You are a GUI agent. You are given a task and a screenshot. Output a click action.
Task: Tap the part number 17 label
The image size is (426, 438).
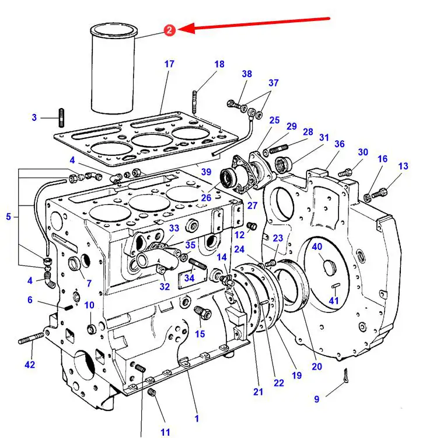pos(169,64)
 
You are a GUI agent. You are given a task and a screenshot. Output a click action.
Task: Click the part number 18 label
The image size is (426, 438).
pos(219,64)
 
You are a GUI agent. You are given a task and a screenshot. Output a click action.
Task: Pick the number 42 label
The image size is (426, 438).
pos(30,365)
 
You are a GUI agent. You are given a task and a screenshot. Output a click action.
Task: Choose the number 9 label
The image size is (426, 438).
pos(317,399)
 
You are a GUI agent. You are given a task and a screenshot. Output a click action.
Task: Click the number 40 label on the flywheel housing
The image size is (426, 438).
pos(317,246)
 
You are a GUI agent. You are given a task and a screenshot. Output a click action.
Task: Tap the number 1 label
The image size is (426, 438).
pos(197,418)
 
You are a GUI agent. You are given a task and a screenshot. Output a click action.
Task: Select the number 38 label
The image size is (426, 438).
pos(247,74)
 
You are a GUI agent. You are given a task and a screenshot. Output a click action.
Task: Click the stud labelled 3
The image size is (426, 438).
pos(61,117)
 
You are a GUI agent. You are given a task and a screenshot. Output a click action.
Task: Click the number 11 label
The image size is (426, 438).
pos(166,432)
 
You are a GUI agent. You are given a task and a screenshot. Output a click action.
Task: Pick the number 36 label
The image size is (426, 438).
pos(340,144)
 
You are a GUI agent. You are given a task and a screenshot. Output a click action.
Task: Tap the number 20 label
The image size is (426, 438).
pos(317,367)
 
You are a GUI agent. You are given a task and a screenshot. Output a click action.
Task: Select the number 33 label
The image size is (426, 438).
pos(174,228)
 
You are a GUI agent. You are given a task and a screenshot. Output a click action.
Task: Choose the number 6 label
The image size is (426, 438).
pos(30,300)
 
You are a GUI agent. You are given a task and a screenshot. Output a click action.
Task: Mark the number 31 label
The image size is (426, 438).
pos(324,137)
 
